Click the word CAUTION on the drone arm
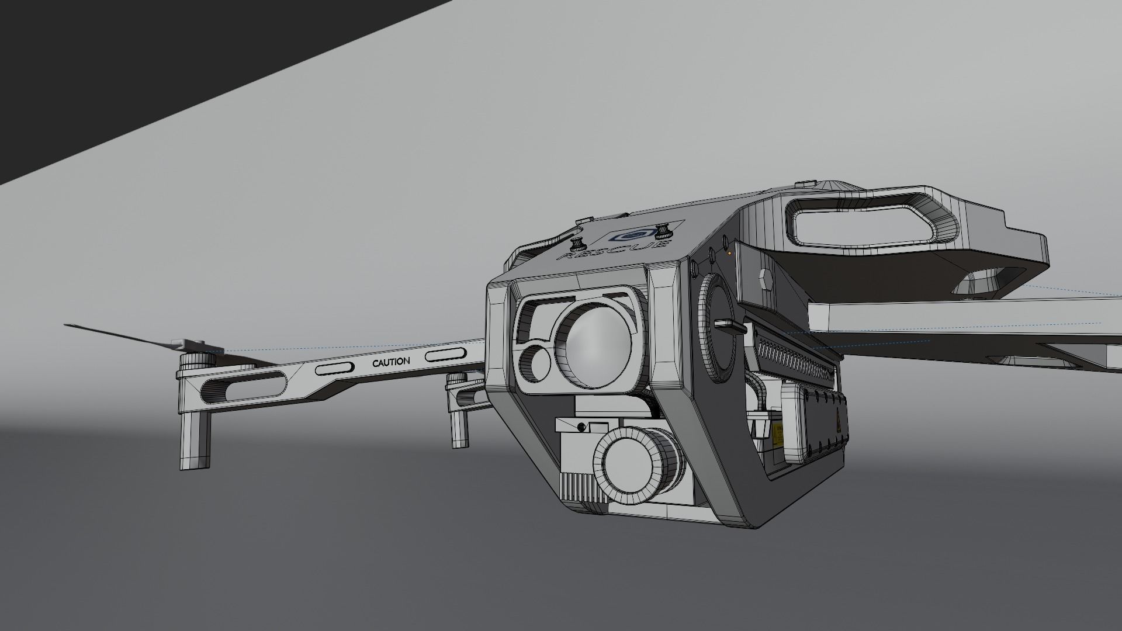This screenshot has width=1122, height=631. pos(391,362)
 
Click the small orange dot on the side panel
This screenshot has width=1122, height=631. pos(729,253)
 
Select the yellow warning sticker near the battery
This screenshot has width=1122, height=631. pos(778,434)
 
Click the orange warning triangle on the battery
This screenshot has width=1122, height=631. pos(837,419)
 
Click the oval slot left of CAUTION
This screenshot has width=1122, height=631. pos(334,369)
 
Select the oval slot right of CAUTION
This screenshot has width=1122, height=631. pos(445,354)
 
